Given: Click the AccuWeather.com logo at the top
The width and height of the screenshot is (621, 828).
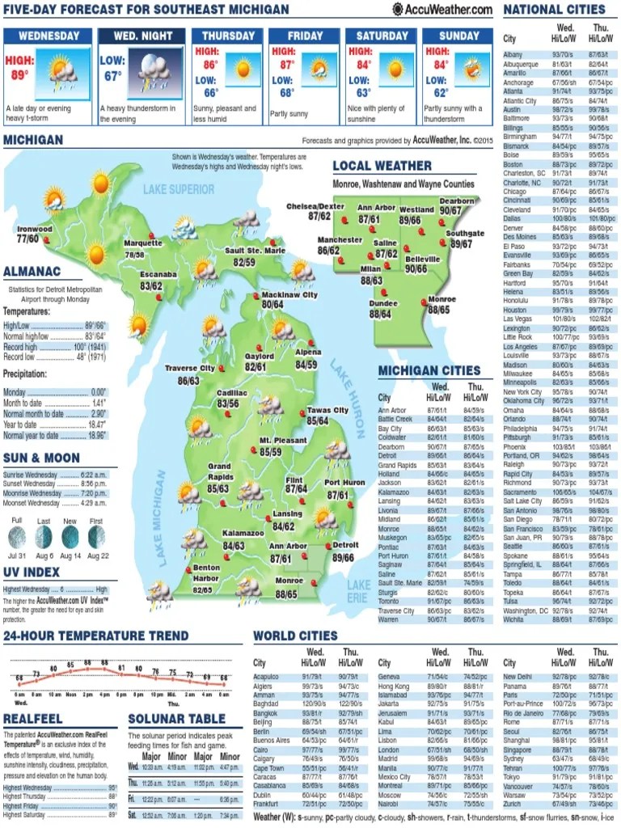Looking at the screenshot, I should coord(442,9).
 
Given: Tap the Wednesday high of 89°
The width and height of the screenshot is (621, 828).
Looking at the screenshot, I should coord(19,68).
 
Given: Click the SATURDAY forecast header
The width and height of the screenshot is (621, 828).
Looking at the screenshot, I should coord(382,36).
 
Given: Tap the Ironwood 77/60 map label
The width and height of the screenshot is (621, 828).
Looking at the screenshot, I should coord(33,234).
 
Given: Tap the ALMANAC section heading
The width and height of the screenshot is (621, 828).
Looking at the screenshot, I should coord(32,272).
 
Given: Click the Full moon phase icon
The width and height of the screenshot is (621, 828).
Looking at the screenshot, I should coord(16,536).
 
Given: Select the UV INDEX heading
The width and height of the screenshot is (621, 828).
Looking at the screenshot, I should coord(32,572).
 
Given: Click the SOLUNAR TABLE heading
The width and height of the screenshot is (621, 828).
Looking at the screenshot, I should coord(176,718).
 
